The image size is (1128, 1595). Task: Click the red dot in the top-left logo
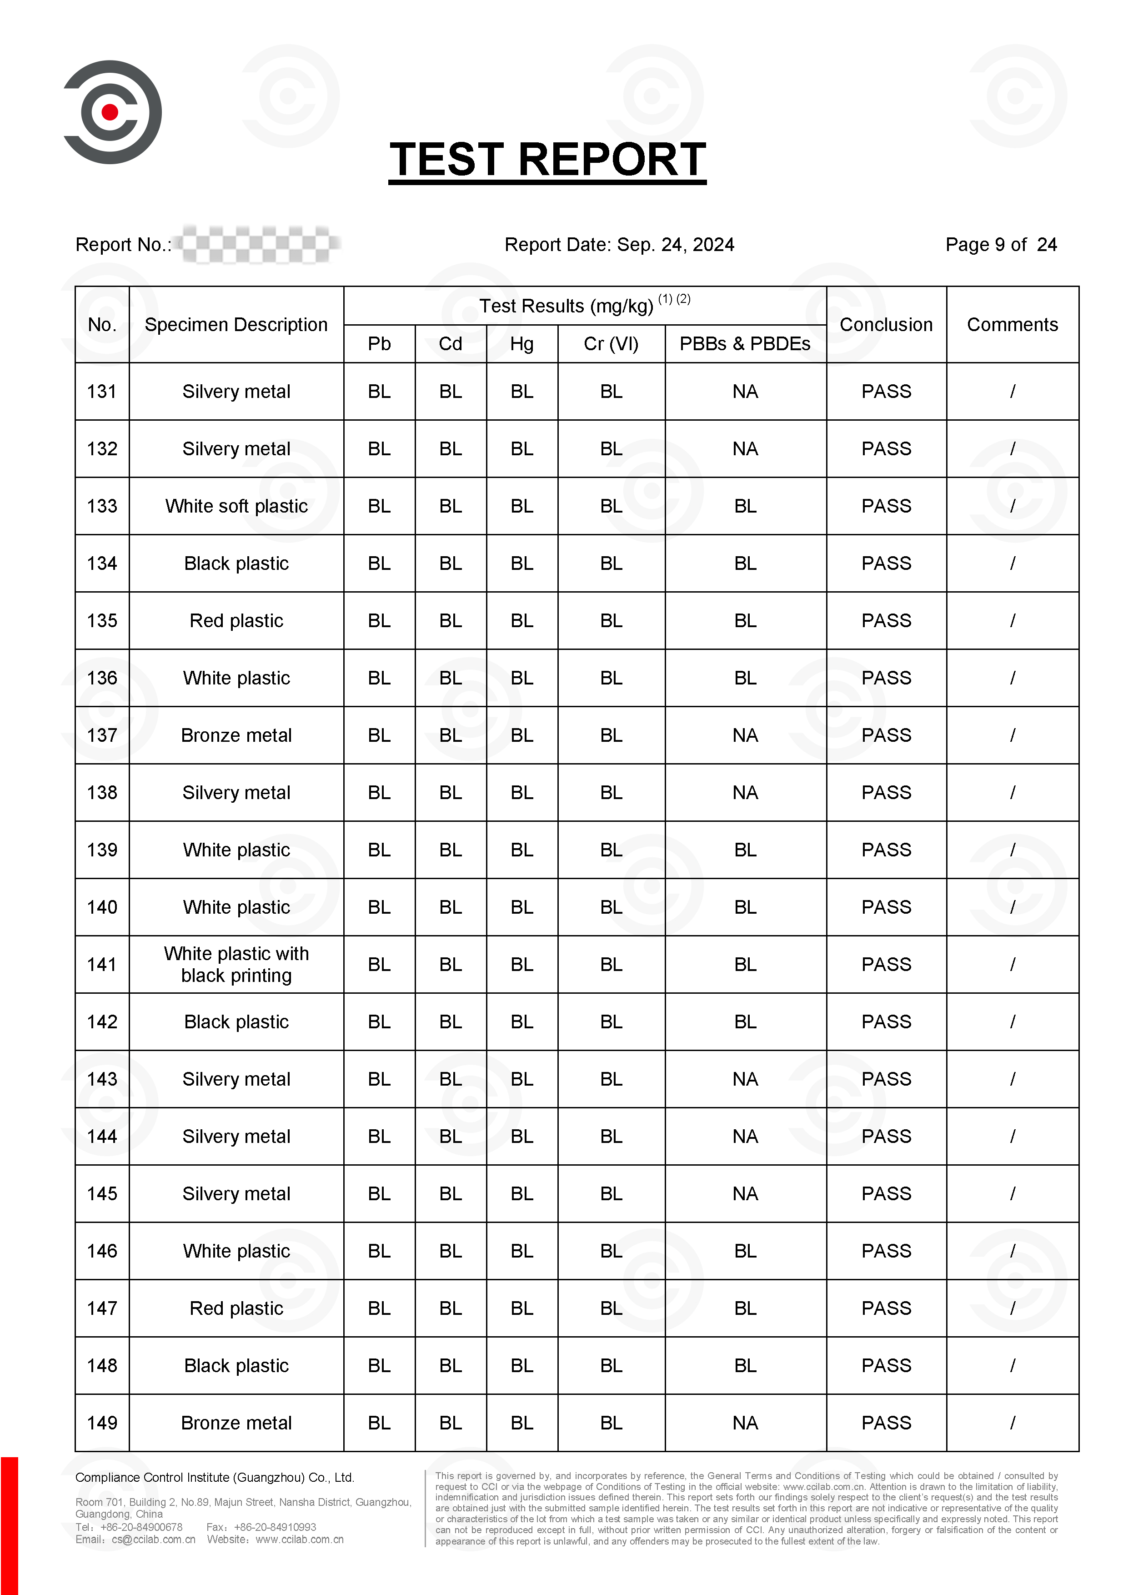point(110,112)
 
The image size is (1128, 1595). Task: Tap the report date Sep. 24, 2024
point(675,245)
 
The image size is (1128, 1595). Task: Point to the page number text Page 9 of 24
point(1000,245)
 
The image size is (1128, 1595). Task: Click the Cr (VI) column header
point(611,344)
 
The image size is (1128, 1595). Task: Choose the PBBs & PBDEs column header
point(745,344)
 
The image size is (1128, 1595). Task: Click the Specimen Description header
point(236,324)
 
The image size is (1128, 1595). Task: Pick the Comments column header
point(1012,324)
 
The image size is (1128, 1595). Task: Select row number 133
point(102,506)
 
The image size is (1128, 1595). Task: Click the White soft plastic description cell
point(236,506)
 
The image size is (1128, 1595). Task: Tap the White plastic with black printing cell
point(236,964)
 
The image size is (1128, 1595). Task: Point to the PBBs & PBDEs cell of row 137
point(745,735)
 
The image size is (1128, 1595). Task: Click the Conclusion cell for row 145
point(886,1193)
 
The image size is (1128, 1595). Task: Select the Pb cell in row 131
point(379,391)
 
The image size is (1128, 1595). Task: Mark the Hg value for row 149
point(521,1423)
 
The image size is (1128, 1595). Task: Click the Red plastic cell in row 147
point(236,1308)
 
